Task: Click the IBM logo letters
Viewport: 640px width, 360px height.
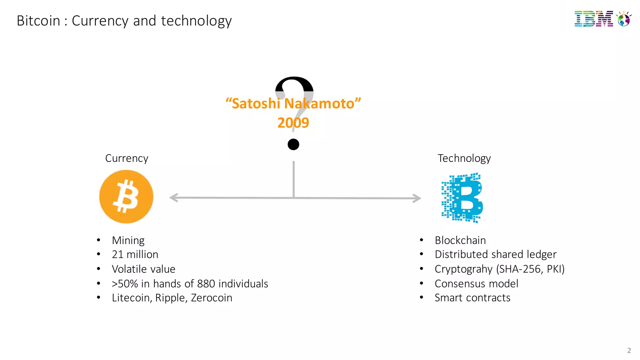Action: [x=593, y=19]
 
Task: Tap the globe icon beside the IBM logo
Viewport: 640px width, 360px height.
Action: [x=624, y=19]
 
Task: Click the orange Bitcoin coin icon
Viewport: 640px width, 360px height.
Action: [x=126, y=197]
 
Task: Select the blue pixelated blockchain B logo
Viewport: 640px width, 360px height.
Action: [x=462, y=197]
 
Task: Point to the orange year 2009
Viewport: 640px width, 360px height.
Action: [x=293, y=122]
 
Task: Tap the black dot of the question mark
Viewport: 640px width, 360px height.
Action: [x=293, y=144]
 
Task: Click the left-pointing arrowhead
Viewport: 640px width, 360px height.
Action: [x=173, y=197]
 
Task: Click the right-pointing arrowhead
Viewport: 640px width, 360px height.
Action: [x=417, y=198]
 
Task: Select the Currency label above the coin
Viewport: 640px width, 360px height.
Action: [x=127, y=158]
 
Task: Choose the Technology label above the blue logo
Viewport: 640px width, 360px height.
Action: [x=464, y=158]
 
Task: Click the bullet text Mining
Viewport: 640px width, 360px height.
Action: [x=128, y=240]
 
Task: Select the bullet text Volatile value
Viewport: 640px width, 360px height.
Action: [x=143, y=269]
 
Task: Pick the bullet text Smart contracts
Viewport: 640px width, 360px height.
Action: [x=472, y=298]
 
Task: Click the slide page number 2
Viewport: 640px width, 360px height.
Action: [x=629, y=350]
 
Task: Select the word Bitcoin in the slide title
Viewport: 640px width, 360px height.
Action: [x=38, y=21]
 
